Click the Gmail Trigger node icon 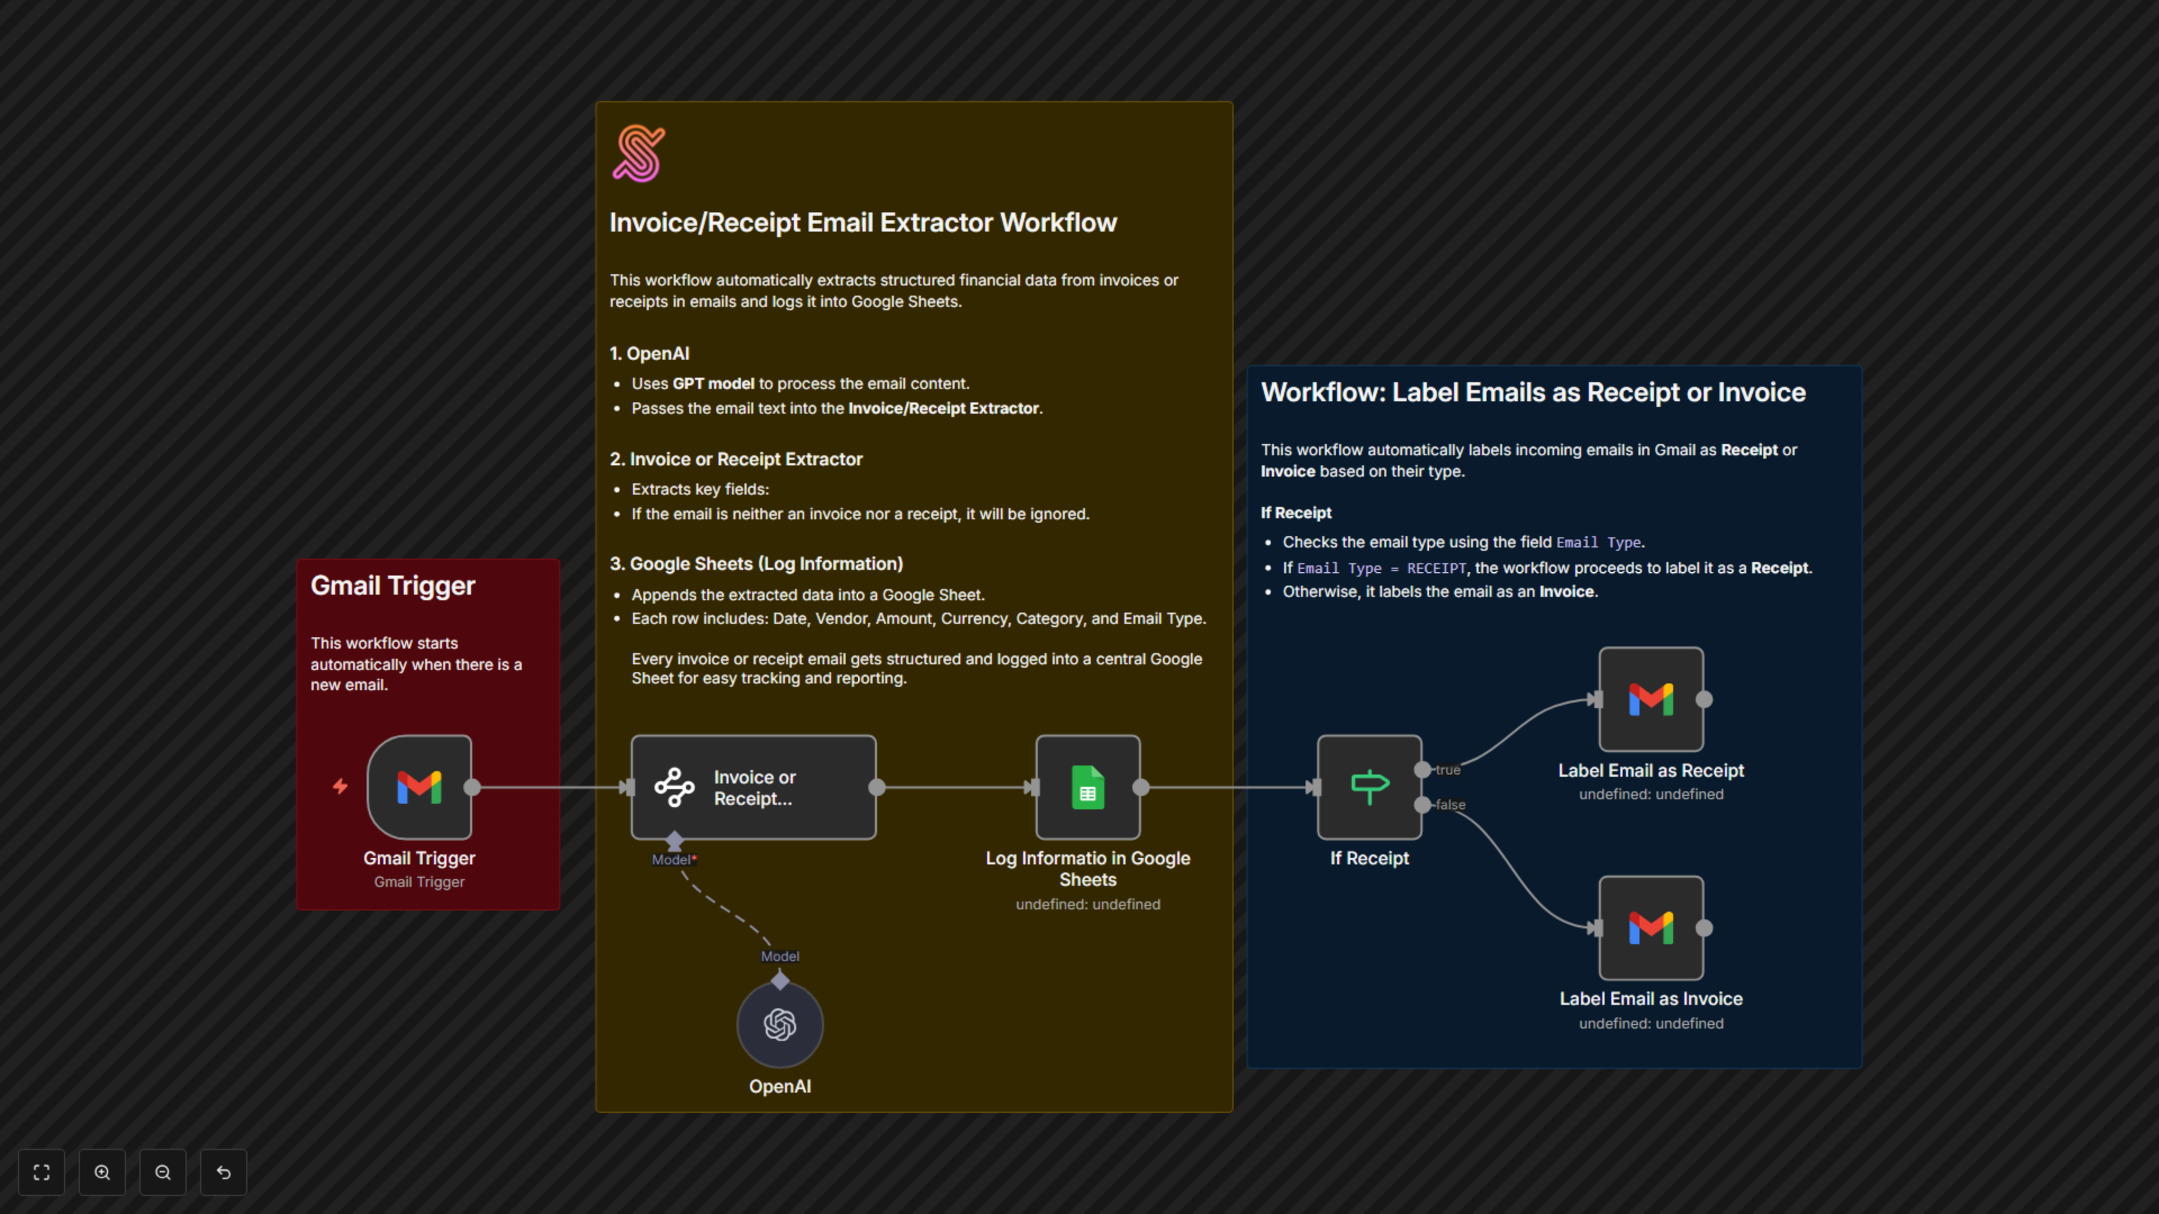[419, 787]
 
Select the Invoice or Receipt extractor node [753, 787]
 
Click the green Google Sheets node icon [1087, 787]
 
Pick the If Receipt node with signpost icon [1368, 787]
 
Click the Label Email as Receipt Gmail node [1650, 699]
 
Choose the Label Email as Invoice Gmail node [1650, 927]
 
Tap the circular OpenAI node [779, 1024]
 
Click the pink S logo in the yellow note [639, 153]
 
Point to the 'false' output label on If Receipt [1450, 804]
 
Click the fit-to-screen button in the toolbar [41, 1172]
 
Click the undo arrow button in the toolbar [223, 1172]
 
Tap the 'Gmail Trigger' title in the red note [392, 585]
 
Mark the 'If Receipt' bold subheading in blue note [1296, 513]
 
